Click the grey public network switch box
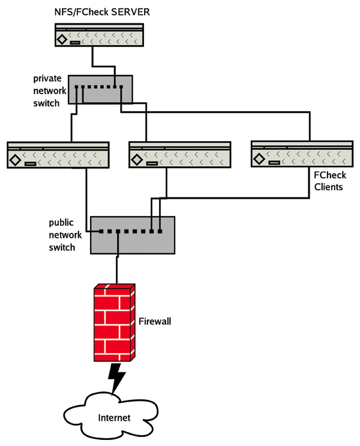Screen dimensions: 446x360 click(x=133, y=234)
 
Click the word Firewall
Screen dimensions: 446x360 click(x=155, y=322)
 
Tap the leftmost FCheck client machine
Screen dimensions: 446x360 click(x=58, y=154)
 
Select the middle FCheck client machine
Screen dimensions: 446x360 click(x=180, y=154)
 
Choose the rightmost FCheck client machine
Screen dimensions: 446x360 click(x=302, y=154)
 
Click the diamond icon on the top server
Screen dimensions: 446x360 click(x=62, y=41)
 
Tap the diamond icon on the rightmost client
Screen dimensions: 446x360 click(x=259, y=160)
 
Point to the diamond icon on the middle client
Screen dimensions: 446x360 click(x=137, y=160)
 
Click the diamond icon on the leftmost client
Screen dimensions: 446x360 click(x=15, y=160)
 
